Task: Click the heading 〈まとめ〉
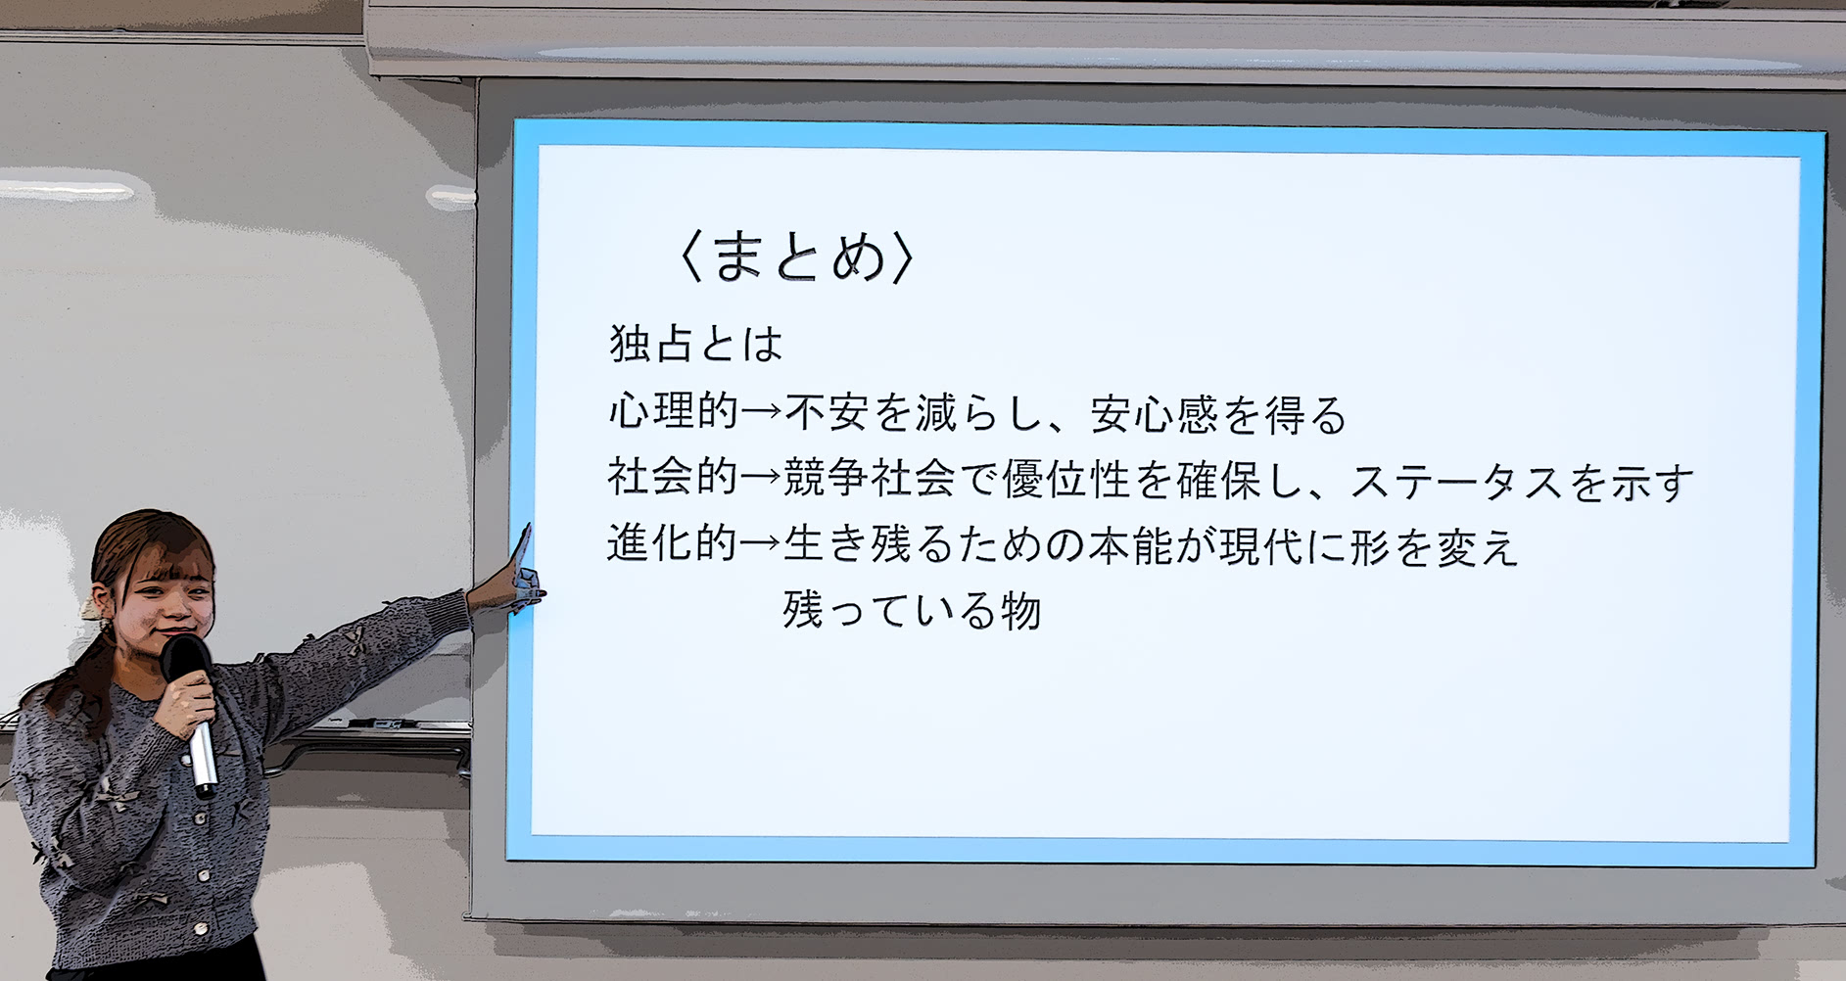point(796,257)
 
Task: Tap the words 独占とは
point(696,344)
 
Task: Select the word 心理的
point(673,412)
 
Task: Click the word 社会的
point(673,478)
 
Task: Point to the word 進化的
point(673,542)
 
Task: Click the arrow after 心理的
point(761,413)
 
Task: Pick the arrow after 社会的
point(761,479)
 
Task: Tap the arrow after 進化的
point(761,543)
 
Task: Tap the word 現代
point(1262,545)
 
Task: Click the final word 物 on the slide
point(1019,611)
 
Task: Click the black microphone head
point(185,659)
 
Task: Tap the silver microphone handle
point(203,759)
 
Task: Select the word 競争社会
point(870,478)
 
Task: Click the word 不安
point(827,413)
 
